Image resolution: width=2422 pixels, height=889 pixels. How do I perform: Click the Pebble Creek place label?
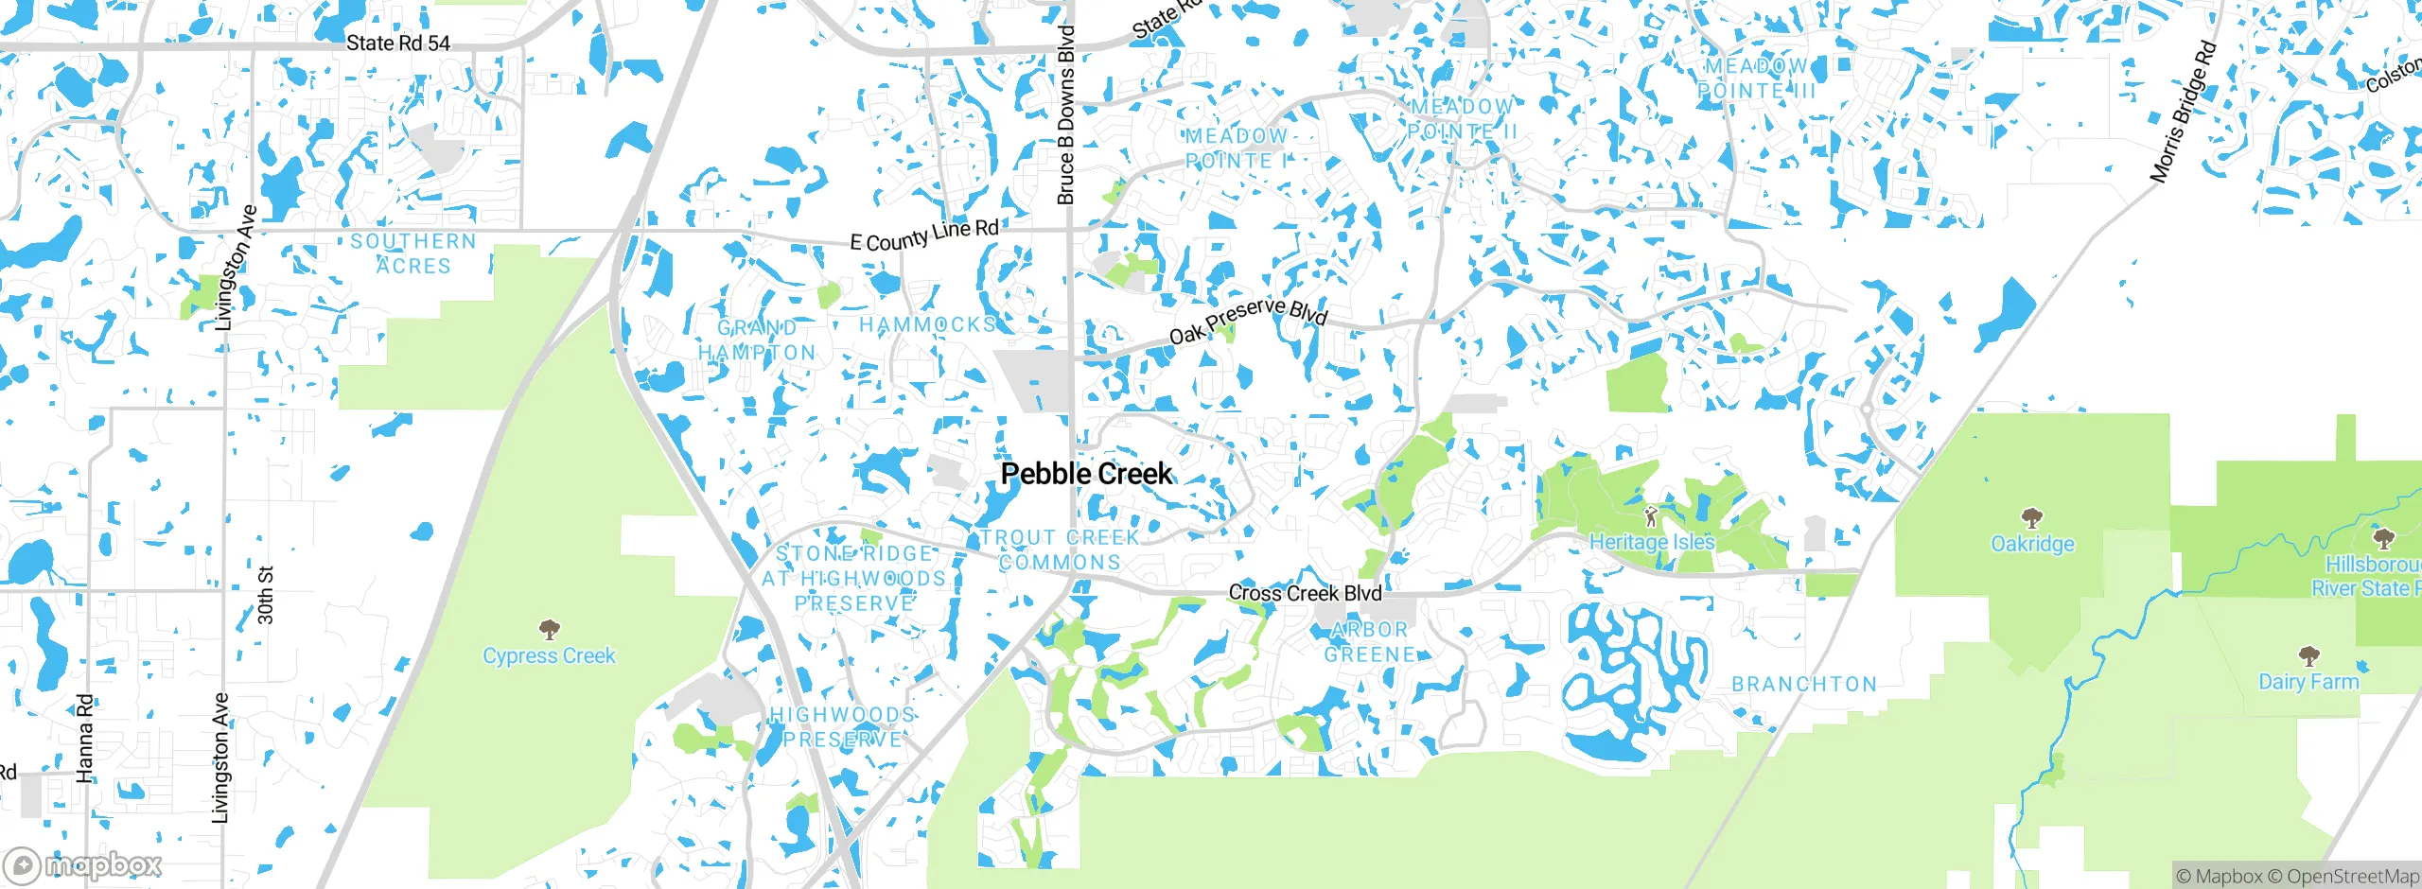pos(1086,474)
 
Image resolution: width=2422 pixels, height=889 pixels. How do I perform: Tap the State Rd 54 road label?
pos(397,43)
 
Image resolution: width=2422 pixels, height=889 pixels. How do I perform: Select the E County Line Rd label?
pos(923,235)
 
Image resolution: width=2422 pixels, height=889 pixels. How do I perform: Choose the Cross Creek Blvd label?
pos(1305,593)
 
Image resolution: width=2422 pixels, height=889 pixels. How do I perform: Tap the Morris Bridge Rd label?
pos(2183,113)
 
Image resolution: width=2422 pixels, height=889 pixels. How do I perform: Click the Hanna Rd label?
pos(85,739)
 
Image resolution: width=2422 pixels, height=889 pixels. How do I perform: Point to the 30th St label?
pos(266,595)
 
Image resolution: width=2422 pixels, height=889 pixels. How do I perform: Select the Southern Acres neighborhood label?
pos(413,253)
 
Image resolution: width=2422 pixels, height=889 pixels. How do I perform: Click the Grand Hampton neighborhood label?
pos(757,340)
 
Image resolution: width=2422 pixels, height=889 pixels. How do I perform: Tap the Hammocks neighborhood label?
pos(927,324)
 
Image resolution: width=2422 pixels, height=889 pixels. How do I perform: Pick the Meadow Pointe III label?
pos(1756,78)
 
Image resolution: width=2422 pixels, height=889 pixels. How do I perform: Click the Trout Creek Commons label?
pos(1060,549)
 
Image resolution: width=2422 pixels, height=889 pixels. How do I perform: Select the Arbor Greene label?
pos(1369,642)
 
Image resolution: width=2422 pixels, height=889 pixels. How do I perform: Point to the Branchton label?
pos(1804,684)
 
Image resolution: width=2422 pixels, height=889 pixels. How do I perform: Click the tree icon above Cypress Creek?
pos(549,629)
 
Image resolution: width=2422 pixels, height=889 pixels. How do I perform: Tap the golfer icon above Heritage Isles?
pos(1651,516)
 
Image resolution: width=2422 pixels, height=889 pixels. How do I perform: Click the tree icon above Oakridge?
pos(2031,517)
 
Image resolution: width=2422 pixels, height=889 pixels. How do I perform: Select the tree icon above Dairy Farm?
pos(2308,655)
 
